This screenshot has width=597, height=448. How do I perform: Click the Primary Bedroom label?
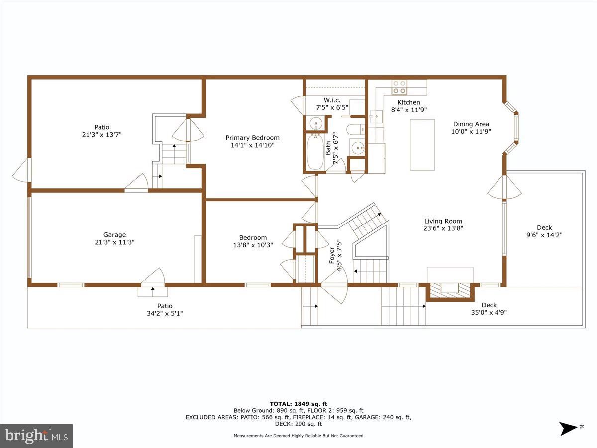252,138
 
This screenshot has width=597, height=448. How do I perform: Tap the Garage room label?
114,235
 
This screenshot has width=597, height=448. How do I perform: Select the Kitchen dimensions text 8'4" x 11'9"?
408,110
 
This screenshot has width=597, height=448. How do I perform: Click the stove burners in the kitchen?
399,87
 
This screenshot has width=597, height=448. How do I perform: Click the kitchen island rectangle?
422,145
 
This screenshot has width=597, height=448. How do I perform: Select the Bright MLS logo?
36,436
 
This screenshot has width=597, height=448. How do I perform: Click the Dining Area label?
471,124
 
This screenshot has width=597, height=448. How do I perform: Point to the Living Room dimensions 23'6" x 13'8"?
443,228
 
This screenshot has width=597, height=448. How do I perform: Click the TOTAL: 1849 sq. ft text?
298,404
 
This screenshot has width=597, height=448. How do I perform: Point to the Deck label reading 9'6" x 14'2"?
544,235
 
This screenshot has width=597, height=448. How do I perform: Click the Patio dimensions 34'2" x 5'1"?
165,313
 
